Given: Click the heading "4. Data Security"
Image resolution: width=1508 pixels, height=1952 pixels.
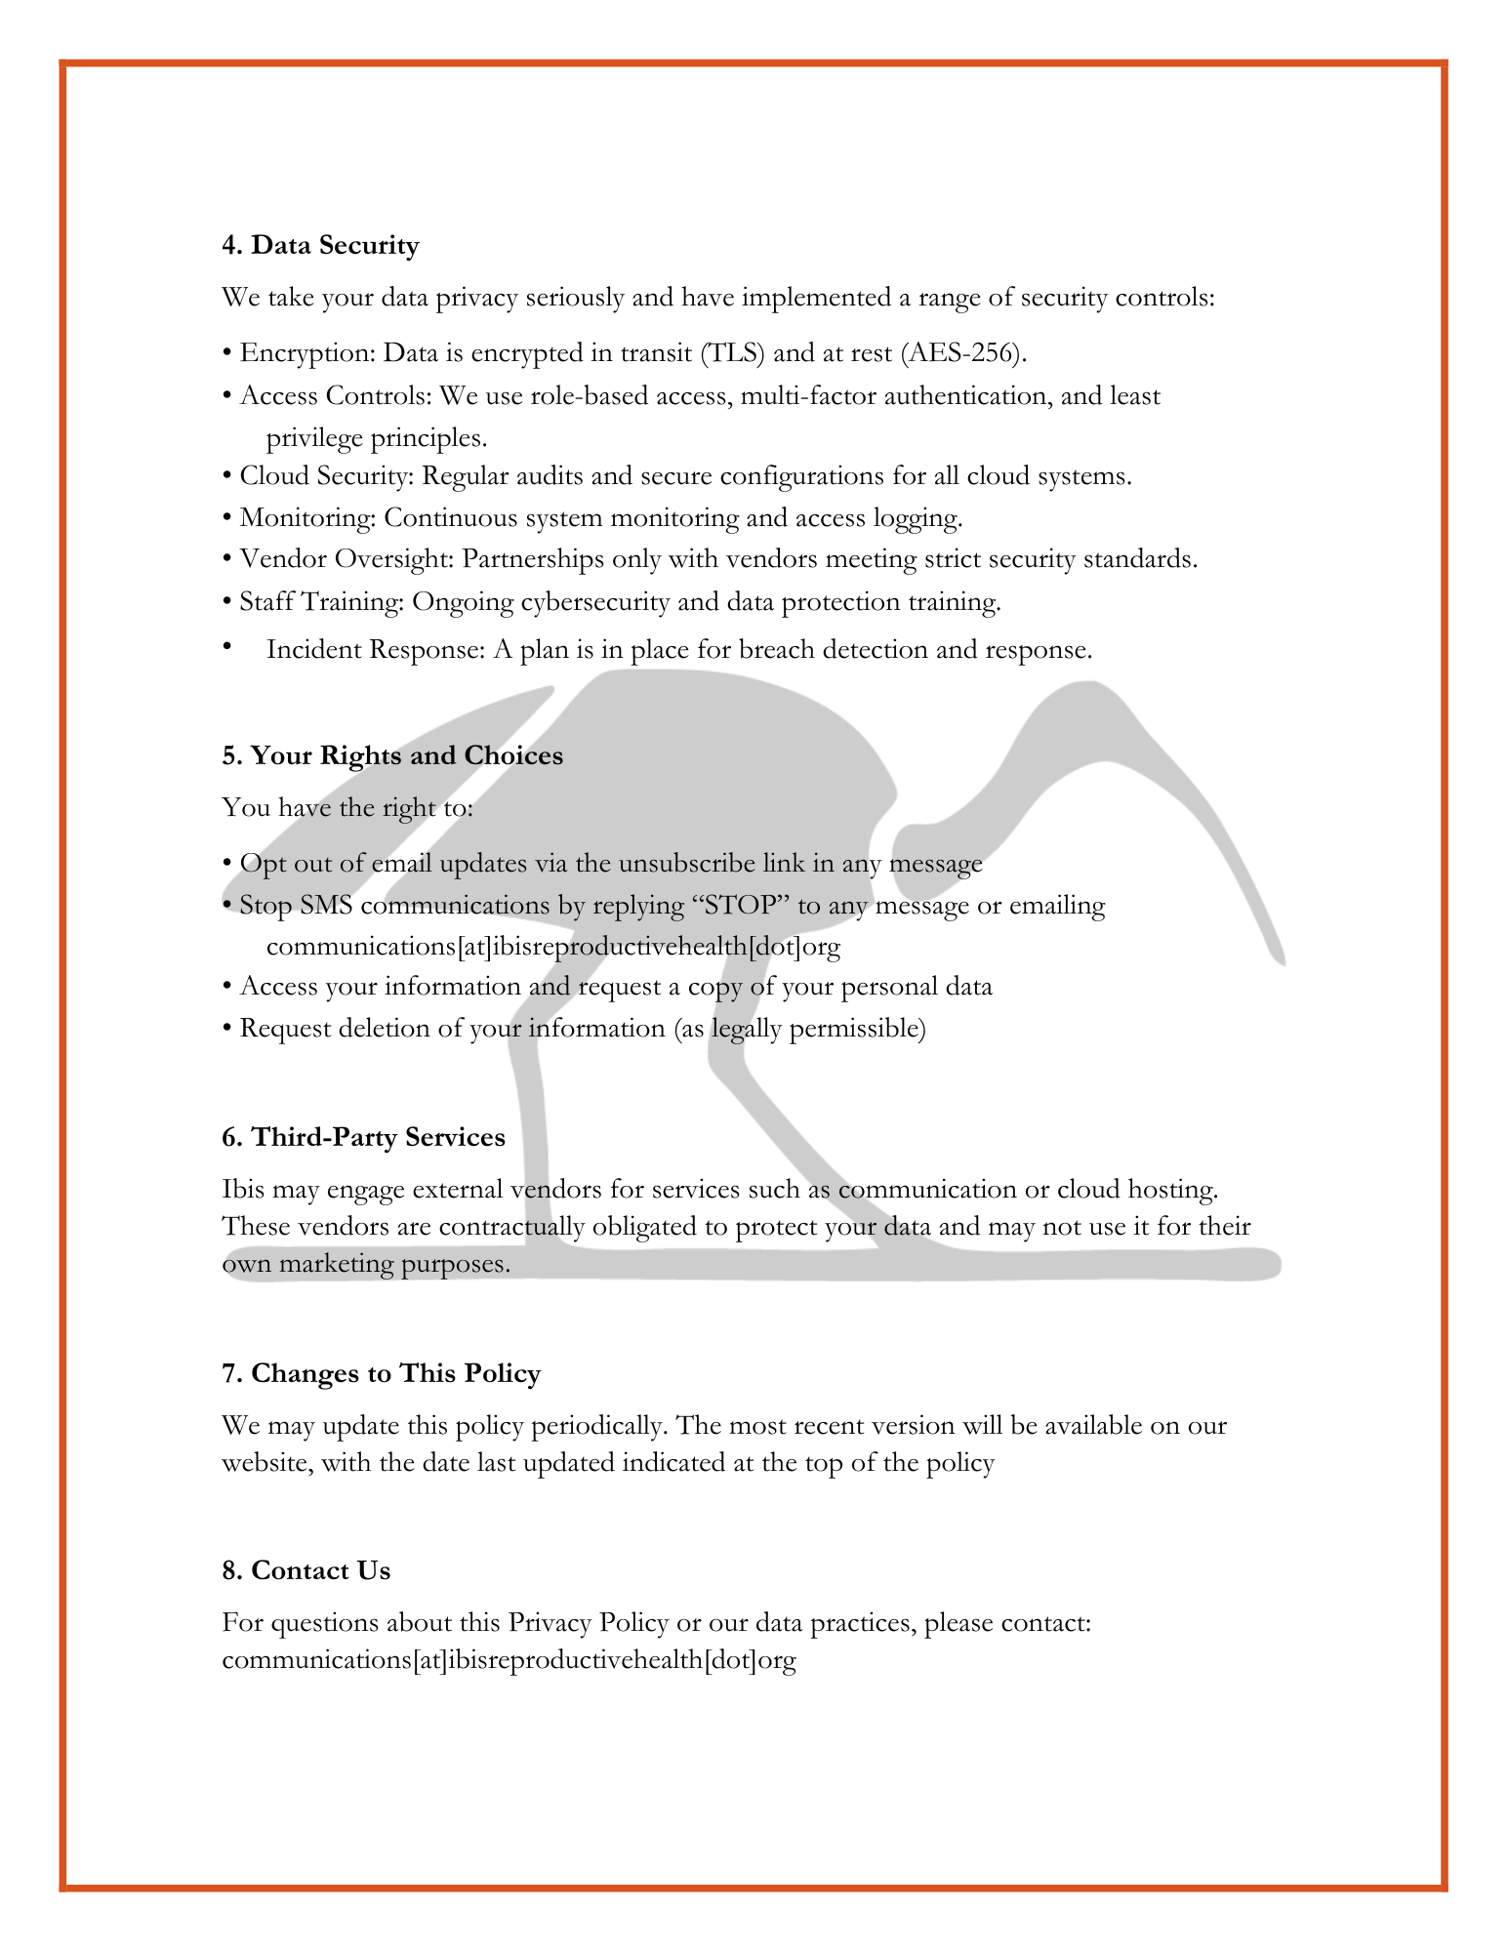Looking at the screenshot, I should (320, 245).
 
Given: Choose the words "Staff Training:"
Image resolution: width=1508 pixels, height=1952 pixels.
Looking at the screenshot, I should (321, 602).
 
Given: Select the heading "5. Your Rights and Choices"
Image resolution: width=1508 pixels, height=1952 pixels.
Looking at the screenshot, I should (392, 756).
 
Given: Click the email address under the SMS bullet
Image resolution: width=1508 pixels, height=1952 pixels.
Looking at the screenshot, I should (552, 947).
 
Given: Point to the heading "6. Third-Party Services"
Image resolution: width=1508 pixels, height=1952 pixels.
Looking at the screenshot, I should (363, 1138).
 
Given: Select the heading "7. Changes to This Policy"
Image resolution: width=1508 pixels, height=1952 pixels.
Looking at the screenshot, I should (381, 1374).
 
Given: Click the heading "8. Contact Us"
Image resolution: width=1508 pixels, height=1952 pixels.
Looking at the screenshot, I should (306, 1571).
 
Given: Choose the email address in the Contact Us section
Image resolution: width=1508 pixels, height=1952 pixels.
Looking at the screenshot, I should (509, 1661).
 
